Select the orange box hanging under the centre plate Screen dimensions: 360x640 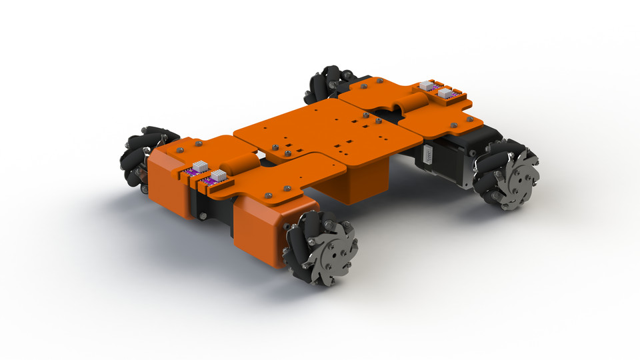pos(360,180)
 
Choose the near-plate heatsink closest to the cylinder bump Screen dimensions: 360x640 pos(218,175)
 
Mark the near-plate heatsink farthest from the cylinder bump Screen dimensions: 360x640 pos(199,167)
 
